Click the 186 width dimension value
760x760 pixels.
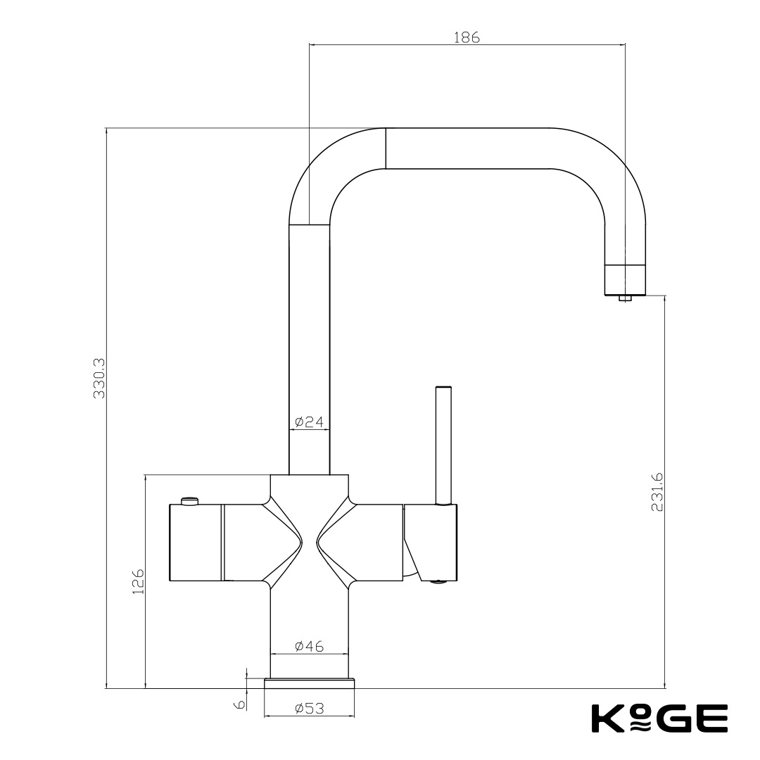467,38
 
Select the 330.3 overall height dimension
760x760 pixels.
99,379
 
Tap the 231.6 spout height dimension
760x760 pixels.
657,492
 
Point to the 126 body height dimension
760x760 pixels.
138,581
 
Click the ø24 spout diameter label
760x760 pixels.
309,422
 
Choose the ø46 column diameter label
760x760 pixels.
310,646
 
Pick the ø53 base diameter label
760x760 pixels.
310,709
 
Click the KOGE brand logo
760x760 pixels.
658,718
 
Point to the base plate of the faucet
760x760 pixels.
310,683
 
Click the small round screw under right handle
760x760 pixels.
438,581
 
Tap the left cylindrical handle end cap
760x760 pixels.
196,543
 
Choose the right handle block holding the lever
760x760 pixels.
431,542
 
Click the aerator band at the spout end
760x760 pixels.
625,279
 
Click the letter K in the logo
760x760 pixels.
604,718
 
